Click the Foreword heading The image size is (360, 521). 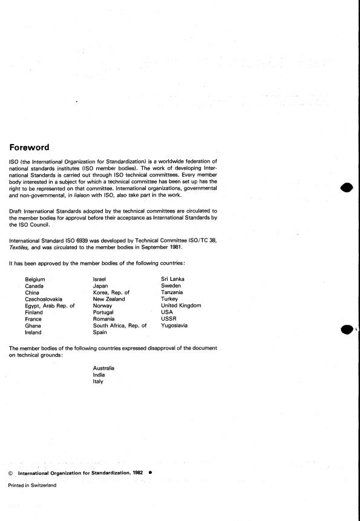coord(38,147)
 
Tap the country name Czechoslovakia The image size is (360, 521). coord(43,299)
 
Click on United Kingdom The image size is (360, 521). coord(181,306)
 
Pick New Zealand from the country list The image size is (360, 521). coord(109,299)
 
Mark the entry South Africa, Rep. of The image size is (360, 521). coord(120,326)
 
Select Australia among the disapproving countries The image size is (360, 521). coord(104,368)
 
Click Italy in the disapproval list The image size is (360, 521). coord(98,381)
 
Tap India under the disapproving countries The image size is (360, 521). coord(99,375)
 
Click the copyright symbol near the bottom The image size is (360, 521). coord(11,473)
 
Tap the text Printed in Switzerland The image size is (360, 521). coord(32,485)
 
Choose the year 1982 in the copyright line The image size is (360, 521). coord(137,472)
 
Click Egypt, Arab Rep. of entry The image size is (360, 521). coord(49,306)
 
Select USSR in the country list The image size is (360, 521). coord(169,319)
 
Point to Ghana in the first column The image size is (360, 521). coord(33,326)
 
